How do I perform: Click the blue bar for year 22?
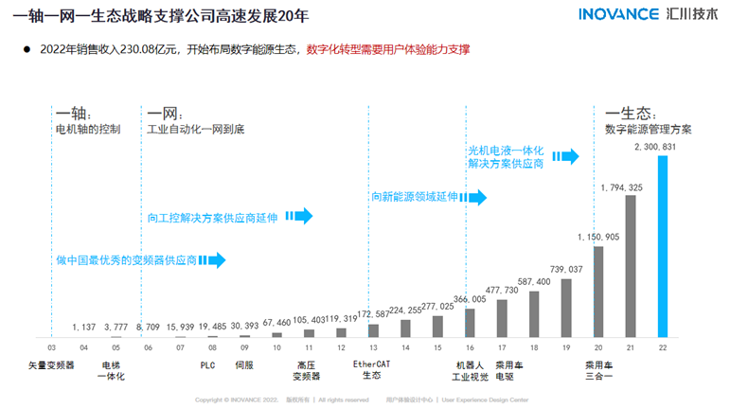663,246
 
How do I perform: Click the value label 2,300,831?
655,148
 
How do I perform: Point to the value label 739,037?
565,270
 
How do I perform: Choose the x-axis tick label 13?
373,348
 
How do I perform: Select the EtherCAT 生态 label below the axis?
371,370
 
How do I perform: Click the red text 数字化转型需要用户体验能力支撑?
388,50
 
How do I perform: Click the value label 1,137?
84,327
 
